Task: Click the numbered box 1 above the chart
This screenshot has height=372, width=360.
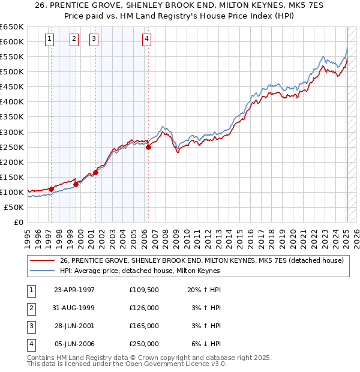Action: [x=49, y=40]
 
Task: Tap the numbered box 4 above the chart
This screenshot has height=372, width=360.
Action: [x=146, y=40]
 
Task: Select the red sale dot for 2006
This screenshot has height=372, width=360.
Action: [x=148, y=147]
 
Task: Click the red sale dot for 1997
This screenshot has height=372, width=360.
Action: [x=52, y=189]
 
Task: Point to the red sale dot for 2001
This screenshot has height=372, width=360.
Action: [x=95, y=172]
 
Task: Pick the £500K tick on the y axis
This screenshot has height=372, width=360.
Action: [x=11, y=71]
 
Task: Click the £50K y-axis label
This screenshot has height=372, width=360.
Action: [x=14, y=207]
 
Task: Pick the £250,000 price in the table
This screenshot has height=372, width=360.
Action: [x=144, y=344]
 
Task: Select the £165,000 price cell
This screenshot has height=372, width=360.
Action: [x=144, y=326]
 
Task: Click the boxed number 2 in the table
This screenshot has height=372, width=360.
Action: [x=30, y=308]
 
